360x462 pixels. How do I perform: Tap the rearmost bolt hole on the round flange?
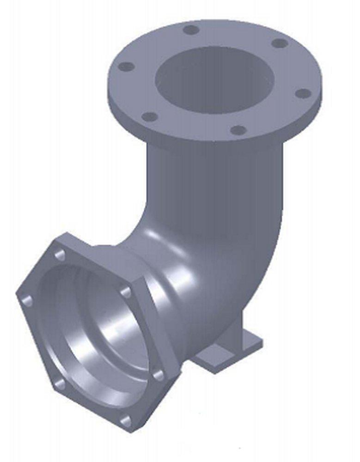pyautogui.click(x=190, y=30)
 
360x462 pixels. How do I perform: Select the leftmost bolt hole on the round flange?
pyautogui.click(x=126, y=67)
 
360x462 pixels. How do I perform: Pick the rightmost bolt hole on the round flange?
pyautogui.click(x=303, y=94)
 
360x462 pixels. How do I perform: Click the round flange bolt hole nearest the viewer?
pyautogui.click(x=238, y=130)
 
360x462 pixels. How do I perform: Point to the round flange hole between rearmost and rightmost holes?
pyautogui.click(x=280, y=43)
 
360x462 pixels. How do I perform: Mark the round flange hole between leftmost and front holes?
pyautogui.click(x=149, y=116)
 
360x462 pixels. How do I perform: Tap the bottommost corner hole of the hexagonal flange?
pyautogui.click(x=125, y=421)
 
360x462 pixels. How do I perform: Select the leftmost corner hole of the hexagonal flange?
pyautogui.click(x=27, y=301)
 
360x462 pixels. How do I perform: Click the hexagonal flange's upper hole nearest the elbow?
pyautogui.click(x=126, y=292)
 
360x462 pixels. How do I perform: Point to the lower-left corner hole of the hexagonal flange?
pyautogui.click(x=58, y=383)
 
